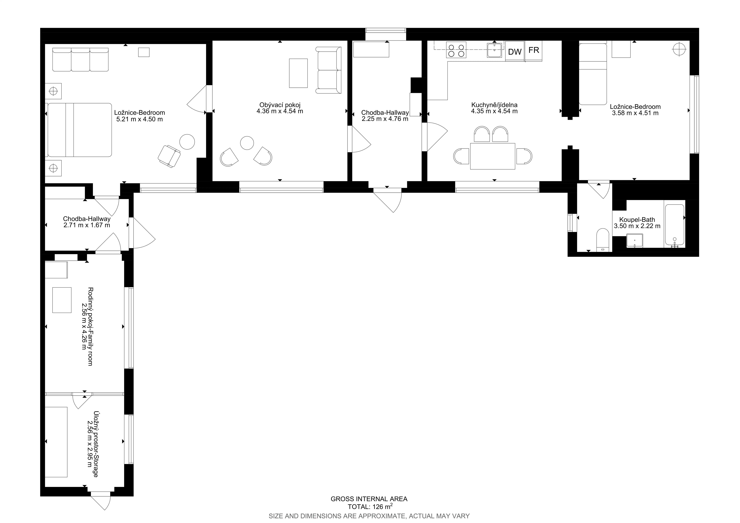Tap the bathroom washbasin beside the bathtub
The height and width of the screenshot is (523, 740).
pos(635,241)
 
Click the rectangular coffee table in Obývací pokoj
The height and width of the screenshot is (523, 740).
pos(298,73)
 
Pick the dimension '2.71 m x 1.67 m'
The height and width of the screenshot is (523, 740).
pos(87,225)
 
